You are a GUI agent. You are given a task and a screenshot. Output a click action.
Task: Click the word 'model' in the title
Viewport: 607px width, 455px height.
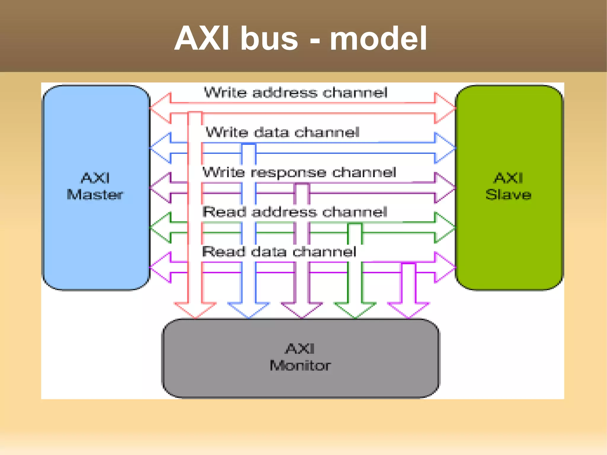click(x=378, y=39)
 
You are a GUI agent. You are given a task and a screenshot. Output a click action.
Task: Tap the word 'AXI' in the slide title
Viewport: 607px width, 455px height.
click(x=202, y=39)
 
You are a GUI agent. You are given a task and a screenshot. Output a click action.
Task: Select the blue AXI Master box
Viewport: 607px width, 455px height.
click(x=96, y=237)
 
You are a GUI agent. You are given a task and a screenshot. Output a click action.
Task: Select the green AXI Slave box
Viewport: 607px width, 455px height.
click(x=509, y=237)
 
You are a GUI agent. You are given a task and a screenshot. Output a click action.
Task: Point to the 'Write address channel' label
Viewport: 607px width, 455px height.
click(x=295, y=92)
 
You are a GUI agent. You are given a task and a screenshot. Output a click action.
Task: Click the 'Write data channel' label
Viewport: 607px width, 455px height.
click(x=282, y=132)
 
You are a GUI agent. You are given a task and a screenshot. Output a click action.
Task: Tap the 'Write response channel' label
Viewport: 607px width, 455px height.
click(x=299, y=172)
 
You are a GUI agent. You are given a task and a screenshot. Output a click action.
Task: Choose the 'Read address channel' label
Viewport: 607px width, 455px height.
click(x=295, y=212)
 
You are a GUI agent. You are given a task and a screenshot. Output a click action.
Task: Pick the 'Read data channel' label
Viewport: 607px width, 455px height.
click(x=279, y=252)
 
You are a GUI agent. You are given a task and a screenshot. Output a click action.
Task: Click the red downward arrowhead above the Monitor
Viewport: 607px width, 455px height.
click(x=195, y=310)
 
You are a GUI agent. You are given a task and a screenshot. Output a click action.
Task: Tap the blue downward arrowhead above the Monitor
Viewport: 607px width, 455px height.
click(x=248, y=310)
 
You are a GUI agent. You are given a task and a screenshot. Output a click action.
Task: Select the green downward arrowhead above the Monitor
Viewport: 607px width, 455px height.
click(x=355, y=310)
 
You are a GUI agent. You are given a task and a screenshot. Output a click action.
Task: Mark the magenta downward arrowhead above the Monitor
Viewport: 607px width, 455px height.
click(x=408, y=310)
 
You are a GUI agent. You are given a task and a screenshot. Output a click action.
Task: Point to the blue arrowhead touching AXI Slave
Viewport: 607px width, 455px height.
click(x=444, y=148)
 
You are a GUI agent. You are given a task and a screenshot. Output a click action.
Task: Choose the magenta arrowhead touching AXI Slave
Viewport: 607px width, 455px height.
click(x=444, y=267)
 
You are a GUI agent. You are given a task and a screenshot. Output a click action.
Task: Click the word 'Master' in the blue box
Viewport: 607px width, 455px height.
click(x=95, y=195)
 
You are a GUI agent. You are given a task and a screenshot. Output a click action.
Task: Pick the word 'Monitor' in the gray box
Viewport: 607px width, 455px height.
click(x=300, y=365)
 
